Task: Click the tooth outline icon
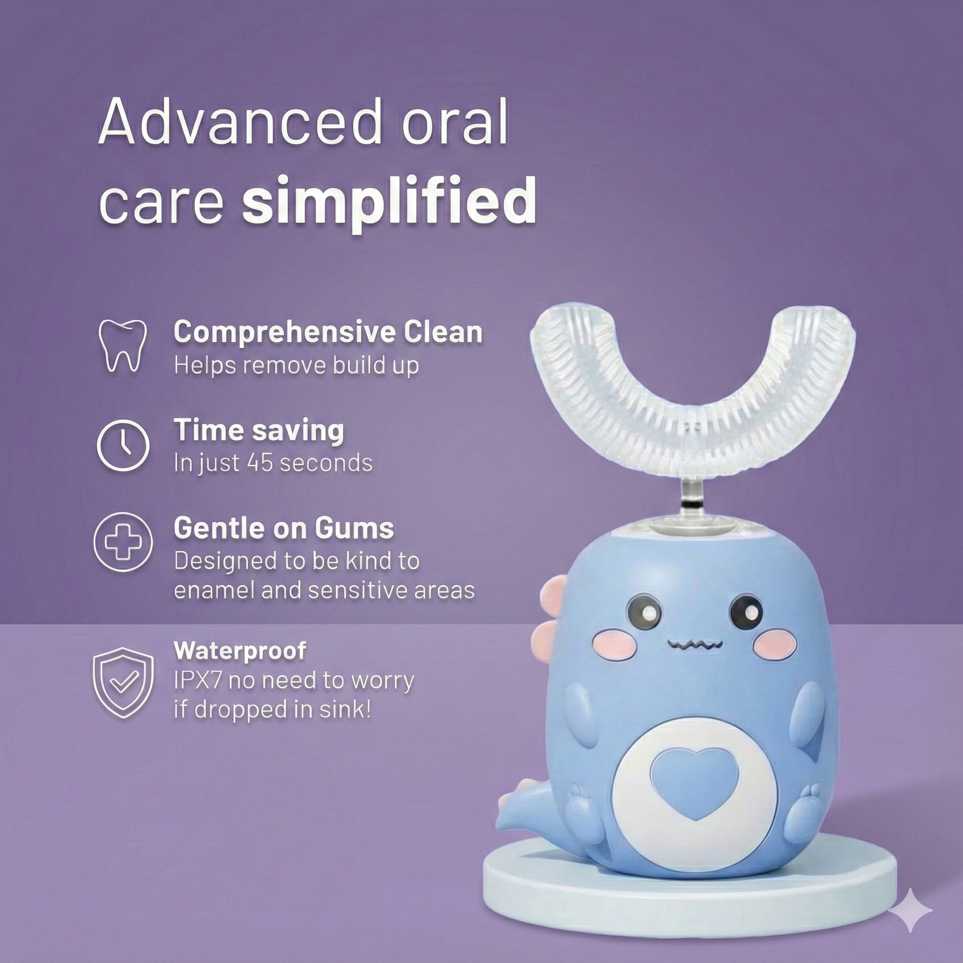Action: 122,346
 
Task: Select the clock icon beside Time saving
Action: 123,445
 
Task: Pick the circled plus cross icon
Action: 123,541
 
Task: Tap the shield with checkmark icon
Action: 123,682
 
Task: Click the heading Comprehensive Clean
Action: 328,333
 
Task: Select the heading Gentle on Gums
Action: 284,528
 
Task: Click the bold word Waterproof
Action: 240,651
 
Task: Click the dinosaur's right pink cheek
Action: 773,643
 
